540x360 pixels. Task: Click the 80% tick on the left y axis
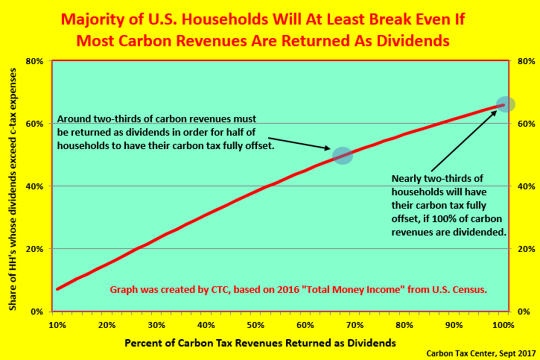(51, 61)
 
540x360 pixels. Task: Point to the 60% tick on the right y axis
(511, 123)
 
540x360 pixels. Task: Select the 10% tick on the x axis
(52, 313)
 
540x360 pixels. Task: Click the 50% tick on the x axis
(255, 313)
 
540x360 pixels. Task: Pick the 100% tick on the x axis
(504, 313)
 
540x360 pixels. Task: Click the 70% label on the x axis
(355, 325)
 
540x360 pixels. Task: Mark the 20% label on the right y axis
(527, 249)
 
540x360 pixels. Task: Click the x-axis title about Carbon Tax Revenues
(260, 343)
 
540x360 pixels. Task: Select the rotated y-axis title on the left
(13, 189)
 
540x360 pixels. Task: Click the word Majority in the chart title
(93, 19)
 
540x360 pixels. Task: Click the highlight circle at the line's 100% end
(505, 104)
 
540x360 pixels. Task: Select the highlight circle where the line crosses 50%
(343, 155)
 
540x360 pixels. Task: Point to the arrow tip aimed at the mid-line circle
(330, 149)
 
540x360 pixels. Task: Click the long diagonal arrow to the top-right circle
(464, 141)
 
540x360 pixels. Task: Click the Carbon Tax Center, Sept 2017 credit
(480, 353)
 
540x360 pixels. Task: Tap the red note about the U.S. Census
(298, 289)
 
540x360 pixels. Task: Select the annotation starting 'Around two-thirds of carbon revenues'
(165, 132)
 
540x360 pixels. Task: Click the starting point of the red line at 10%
(58, 288)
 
